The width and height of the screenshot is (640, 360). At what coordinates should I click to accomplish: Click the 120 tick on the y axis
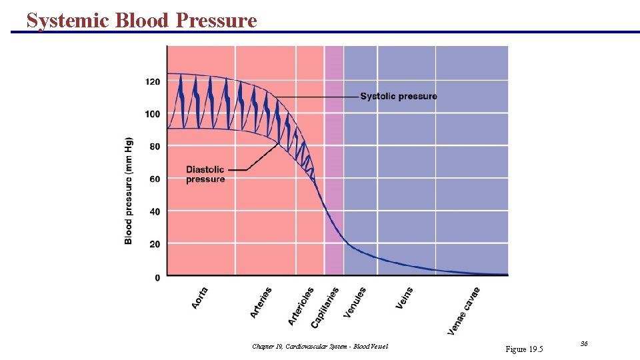153,81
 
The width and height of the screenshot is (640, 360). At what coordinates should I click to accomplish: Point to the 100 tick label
153,114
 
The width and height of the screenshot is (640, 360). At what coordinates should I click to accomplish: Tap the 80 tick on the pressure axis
155,147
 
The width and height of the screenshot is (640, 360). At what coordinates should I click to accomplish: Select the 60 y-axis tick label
155,179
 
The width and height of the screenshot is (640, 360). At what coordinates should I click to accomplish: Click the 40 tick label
155,211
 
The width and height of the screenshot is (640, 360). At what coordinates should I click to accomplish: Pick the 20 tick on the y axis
155,244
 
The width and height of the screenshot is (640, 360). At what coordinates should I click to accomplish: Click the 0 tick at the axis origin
157,277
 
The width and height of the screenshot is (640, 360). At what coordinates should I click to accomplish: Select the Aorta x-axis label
200,297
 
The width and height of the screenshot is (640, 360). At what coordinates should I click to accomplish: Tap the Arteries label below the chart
261,302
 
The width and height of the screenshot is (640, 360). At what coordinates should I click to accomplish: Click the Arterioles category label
301,306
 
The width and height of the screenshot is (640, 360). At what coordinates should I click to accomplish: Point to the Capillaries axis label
325,307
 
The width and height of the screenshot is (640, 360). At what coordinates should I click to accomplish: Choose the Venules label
355,302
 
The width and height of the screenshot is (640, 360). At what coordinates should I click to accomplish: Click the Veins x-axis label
405,298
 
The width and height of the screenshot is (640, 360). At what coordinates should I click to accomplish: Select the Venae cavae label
463,311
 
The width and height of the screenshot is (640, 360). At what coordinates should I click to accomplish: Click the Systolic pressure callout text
399,97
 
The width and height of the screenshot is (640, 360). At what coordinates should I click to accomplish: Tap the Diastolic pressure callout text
205,174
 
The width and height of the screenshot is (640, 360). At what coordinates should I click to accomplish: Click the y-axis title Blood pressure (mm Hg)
129,191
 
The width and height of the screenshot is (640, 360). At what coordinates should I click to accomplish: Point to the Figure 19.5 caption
525,349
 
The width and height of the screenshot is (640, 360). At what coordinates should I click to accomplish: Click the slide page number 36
584,343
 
